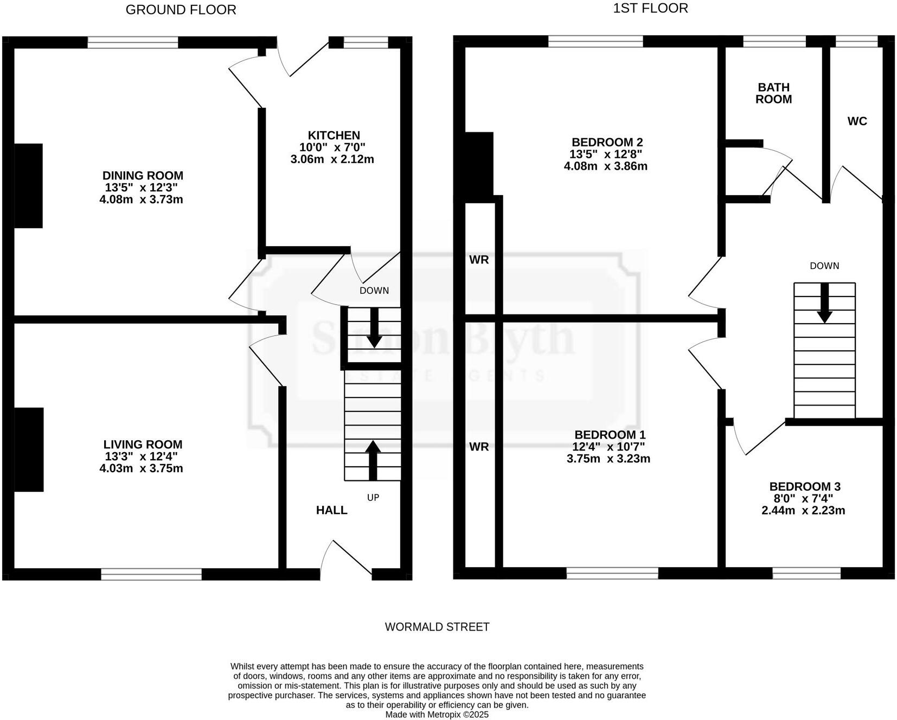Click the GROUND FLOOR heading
(x=181, y=10)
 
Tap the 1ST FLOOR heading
(x=650, y=8)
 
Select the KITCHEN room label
(x=334, y=136)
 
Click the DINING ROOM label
(x=143, y=176)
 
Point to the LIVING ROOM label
(x=143, y=445)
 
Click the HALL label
(x=331, y=510)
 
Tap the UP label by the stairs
(x=373, y=497)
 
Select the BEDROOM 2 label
(x=607, y=142)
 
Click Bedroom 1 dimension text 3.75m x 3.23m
(x=608, y=459)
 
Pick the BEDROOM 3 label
(x=804, y=486)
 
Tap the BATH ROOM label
(x=773, y=93)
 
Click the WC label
(x=857, y=121)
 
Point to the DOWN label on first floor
(x=824, y=266)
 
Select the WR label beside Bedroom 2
(x=479, y=260)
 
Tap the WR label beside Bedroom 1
(x=479, y=447)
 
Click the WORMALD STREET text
(x=437, y=627)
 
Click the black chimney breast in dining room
(x=28, y=185)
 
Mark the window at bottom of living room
(x=151, y=574)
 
